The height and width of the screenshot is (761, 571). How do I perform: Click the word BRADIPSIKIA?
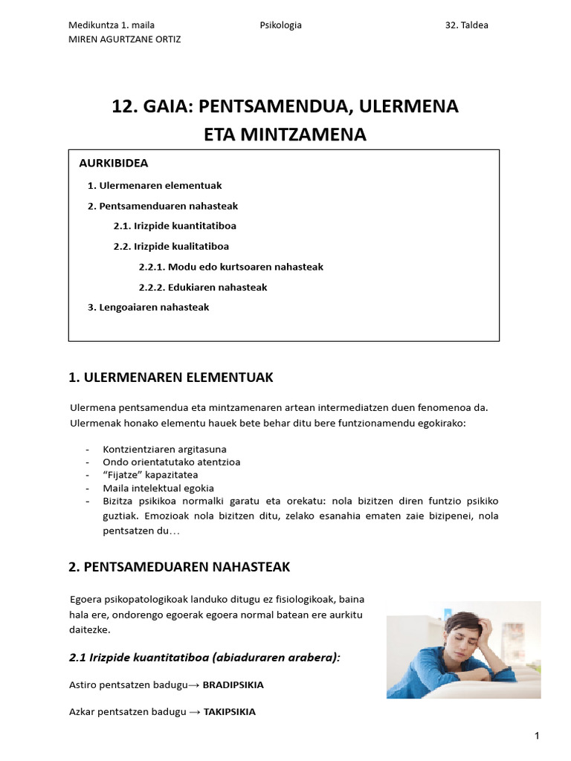coord(233,685)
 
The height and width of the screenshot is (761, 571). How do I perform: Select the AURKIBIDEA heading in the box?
coord(114,163)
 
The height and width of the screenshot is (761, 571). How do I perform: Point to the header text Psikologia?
coord(281,25)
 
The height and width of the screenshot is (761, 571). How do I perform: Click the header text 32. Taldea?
coord(466,25)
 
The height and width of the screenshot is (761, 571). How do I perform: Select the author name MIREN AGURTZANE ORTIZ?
coord(124,39)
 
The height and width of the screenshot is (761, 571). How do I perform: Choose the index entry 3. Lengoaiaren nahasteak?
coord(149,308)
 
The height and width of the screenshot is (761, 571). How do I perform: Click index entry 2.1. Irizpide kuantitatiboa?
coord(175,226)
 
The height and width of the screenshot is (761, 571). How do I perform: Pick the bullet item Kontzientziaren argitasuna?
coord(164,450)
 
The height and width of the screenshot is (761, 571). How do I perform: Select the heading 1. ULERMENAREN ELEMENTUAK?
coord(171,378)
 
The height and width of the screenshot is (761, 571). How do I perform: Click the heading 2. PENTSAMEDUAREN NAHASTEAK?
coord(178,567)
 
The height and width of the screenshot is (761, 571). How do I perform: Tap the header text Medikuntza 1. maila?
coord(112,25)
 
